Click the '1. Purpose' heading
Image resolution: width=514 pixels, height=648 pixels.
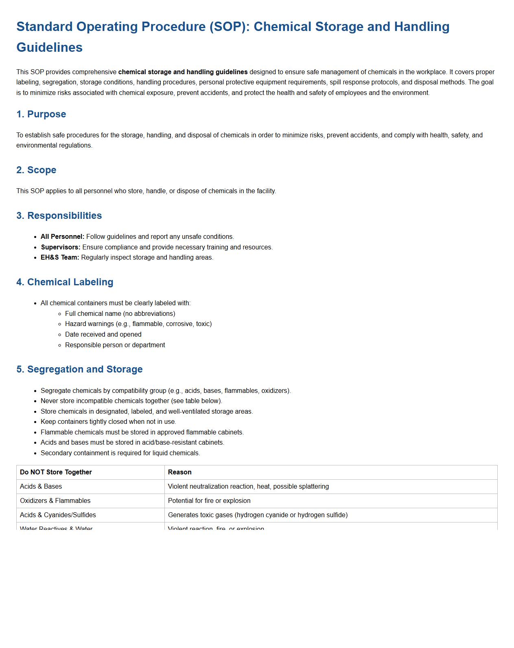pos(41,114)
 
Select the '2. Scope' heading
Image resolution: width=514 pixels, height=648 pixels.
pos(36,170)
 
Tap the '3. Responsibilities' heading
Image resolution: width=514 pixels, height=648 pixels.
pos(59,216)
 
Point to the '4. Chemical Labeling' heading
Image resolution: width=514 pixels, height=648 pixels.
pos(65,282)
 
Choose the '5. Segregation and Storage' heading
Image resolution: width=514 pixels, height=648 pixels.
pos(79,369)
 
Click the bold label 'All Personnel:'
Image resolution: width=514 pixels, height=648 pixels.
pos(62,237)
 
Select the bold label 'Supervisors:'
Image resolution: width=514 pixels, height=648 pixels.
pos(61,247)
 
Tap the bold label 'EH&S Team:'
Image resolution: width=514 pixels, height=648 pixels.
pos(60,258)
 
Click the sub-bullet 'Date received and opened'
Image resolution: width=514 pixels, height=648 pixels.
pos(103,335)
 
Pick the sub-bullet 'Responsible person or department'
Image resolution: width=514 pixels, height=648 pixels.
pos(115,345)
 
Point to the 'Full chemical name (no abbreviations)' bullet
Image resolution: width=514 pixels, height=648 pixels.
pos(120,314)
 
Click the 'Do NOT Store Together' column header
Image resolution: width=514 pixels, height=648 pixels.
pos(56,472)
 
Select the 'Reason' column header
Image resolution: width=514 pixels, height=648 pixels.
pos(179,472)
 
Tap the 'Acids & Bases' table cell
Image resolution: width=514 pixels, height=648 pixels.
pos(41,487)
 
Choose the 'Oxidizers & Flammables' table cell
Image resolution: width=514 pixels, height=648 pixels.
pos(55,501)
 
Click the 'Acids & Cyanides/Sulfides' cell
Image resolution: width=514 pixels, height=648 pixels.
pos(58,515)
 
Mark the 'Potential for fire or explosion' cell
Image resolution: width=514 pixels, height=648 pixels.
pos(209,501)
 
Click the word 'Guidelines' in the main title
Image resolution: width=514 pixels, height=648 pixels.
pos(50,47)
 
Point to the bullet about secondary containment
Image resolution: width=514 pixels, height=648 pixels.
pos(120,453)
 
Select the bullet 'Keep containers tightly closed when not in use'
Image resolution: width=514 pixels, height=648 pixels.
pos(108,422)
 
